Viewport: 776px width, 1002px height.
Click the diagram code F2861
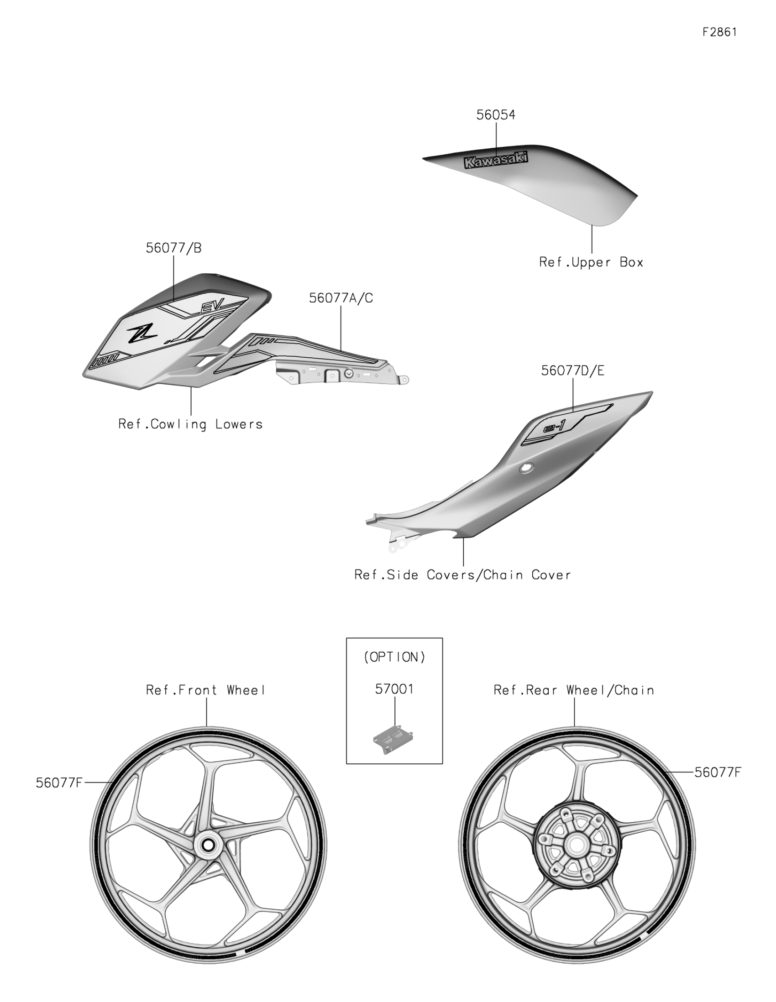pyautogui.click(x=719, y=31)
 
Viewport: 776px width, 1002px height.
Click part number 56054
pyautogui.click(x=496, y=115)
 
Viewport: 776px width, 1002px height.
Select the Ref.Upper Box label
pyautogui.click(x=591, y=262)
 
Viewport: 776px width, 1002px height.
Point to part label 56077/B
pyautogui.click(x=173, y=248)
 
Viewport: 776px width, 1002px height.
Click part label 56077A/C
pyautogui.click(x=341, y=298)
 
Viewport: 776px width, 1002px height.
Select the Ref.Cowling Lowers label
pyautogui.click(x=190, y=424)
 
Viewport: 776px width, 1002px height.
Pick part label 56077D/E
pyautogui.click(x=572, y=371)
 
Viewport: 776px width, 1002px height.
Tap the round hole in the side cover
pyautogui.click(x=526, y=469)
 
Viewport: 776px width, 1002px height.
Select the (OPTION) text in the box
pyautogui.click(x=394, y=657)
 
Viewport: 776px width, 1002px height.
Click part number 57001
pyautogui.click(x=394, y=689)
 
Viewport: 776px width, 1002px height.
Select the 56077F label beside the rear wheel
pyautogui.click(x=717, y=772)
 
